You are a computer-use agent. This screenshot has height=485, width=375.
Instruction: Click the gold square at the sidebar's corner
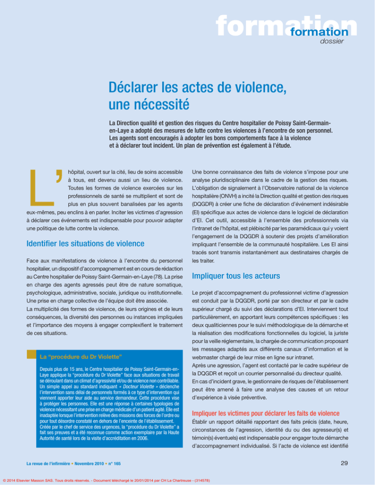32,354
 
